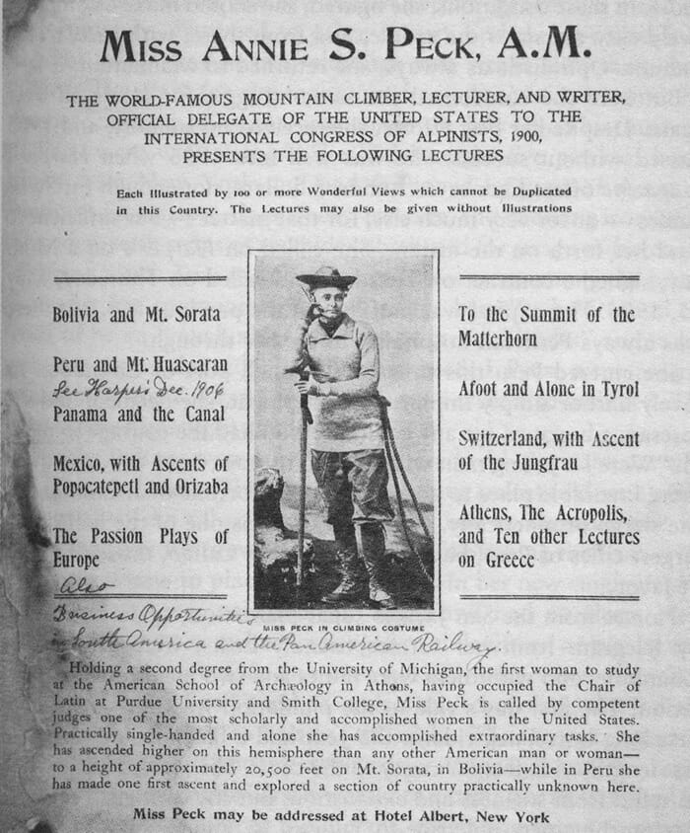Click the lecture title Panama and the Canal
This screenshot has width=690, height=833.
138,413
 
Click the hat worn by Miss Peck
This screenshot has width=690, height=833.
327,276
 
